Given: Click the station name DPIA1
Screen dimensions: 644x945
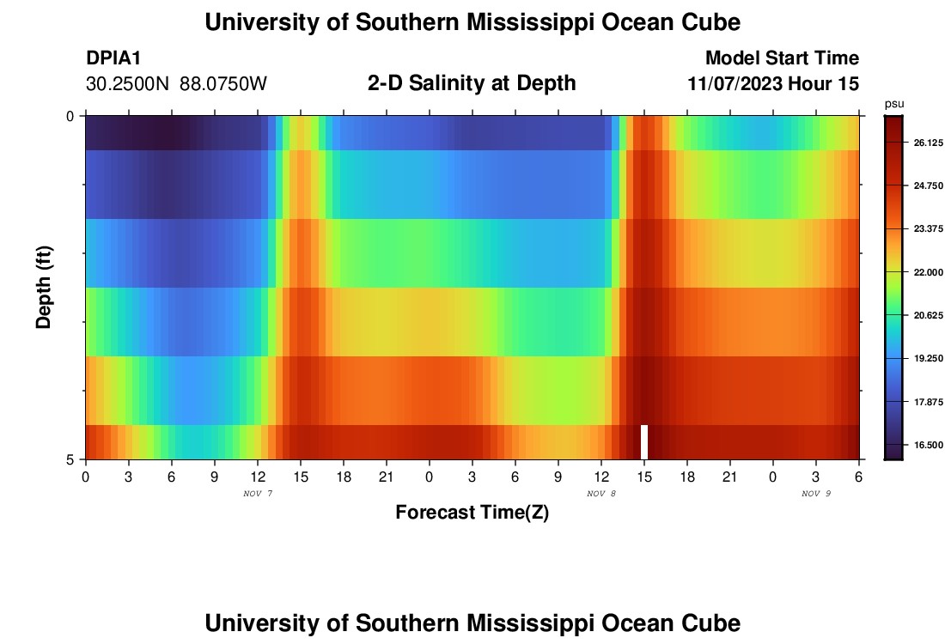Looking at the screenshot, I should pos(113,58).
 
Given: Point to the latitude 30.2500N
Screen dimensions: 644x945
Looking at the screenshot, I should pos(127,84).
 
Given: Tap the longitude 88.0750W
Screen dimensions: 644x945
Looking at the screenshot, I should pos(223,84).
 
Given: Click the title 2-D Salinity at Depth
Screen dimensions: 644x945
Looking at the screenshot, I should pos(472,83).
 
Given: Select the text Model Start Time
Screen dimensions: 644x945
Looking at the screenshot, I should pos(782,58).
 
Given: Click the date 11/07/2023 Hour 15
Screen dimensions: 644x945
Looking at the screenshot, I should pos(773,84).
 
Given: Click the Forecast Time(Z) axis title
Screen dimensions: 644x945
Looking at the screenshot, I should pos(472,513).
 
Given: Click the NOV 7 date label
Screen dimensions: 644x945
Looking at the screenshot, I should pos(258,494).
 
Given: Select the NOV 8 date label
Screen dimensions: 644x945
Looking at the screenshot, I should pos(601,494).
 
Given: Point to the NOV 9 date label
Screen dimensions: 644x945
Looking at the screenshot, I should pos(816,494).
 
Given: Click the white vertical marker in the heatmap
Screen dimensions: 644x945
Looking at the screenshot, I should pos(644,441).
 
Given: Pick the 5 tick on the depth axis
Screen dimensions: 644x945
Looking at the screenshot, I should pos(70,459).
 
